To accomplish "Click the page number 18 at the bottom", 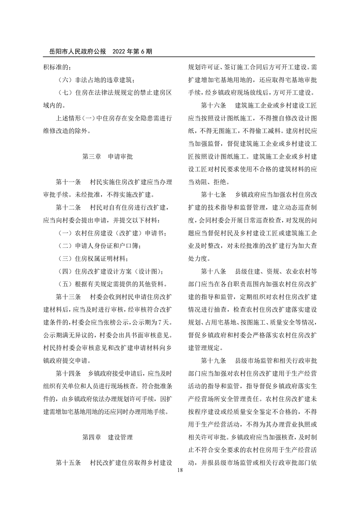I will pos(180,471).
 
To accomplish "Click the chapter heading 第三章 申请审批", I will pos(107,157).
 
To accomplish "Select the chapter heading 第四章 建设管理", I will pos(107,437).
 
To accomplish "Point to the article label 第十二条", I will pos(68,208).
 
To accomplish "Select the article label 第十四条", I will pos(68,374).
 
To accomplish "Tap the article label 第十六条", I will pos(213,106).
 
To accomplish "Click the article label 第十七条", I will pos(213,195).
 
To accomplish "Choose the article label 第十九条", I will pos(213,361).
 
